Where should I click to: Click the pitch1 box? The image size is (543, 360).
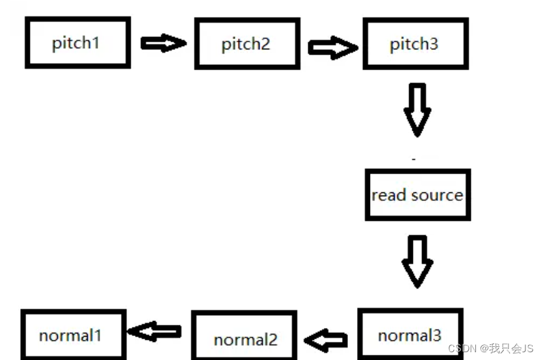[x=77, y=43]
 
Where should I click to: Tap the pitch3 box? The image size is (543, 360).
[x=415, y=44]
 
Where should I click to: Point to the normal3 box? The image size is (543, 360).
[x=410, y=335]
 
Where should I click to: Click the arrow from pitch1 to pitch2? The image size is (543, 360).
[x=163, y=44]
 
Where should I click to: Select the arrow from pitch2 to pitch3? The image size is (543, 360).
[x=332, y=47]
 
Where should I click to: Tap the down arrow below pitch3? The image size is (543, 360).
[x=417, y=109]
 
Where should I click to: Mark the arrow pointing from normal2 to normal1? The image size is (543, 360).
[x=155, y=331]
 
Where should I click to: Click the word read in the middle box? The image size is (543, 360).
[x=388, y=195]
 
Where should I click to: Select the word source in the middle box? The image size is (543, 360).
[x=436, y=195]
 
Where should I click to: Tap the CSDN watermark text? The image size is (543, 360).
[x=463, y=349]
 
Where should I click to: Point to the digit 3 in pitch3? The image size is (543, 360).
[x=434, y=44]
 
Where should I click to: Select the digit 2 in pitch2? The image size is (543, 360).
[x=265, y=44]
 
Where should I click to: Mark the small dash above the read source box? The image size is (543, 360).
[x=414, y=158]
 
